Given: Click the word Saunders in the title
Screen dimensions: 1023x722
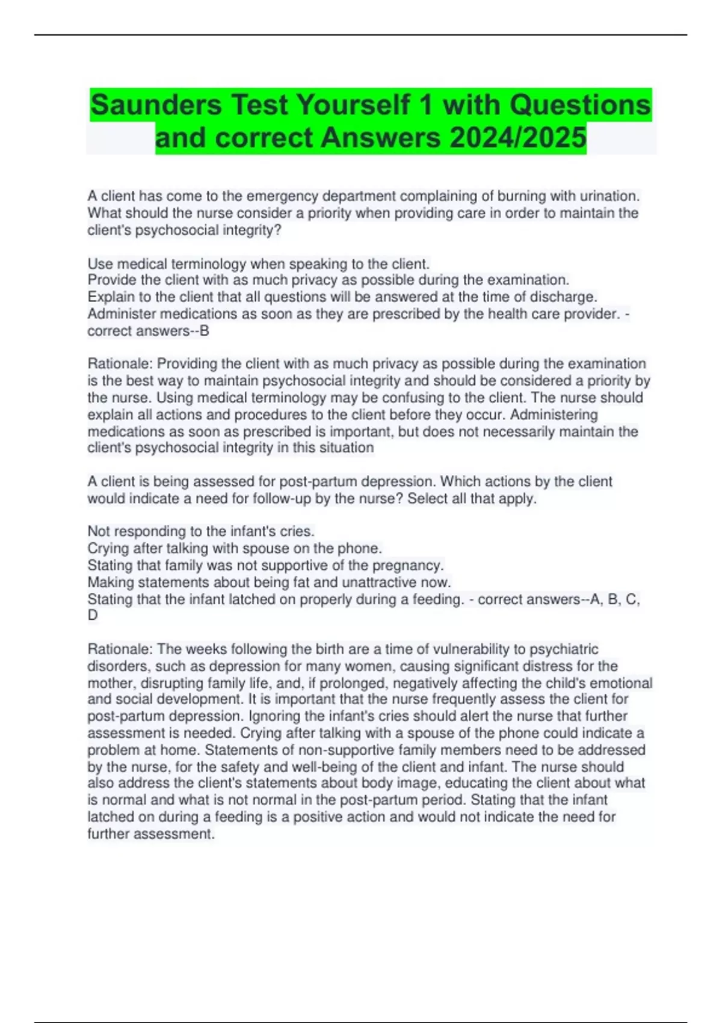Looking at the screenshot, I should [x=156, y=105].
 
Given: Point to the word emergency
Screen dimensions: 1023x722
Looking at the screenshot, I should [x=282, y=196].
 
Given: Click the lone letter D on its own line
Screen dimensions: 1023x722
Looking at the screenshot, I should [x=93, y=615].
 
